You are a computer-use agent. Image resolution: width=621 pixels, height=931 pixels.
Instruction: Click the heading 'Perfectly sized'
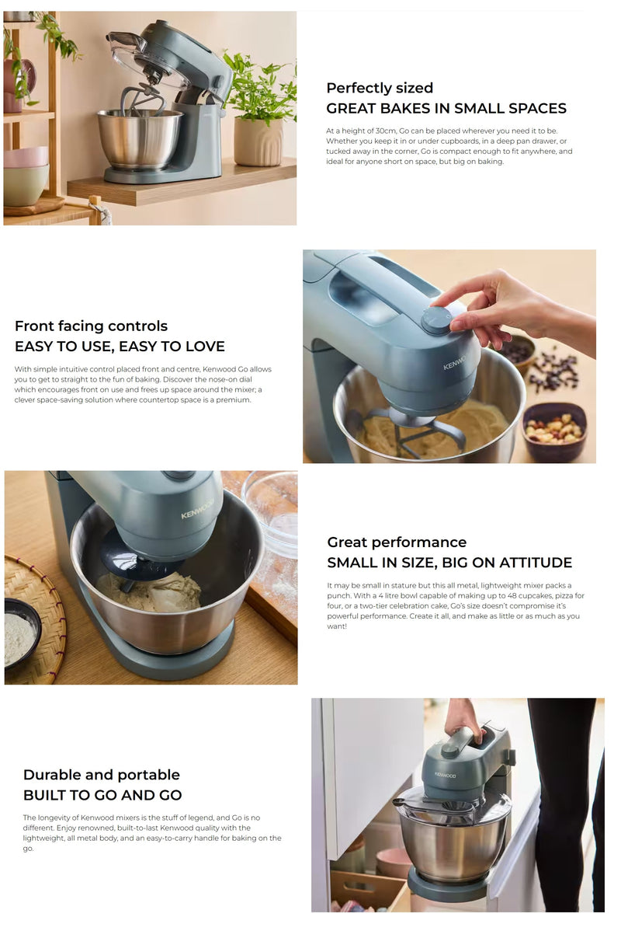(x=380, y=88)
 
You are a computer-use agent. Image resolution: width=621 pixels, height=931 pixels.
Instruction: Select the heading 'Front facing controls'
(x=91, y=326)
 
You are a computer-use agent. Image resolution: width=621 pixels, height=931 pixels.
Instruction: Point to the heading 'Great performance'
(x=397, y=542)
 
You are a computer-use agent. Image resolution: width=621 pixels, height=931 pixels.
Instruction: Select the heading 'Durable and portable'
(x=101, y=775)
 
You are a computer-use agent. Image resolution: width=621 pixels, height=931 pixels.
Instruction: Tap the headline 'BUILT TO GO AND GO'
(x=102, y=795)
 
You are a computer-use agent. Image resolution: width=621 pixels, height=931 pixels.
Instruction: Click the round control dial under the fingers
(x=436, y=319)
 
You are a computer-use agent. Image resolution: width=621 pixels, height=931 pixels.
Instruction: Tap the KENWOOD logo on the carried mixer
(x=445, y=775)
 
